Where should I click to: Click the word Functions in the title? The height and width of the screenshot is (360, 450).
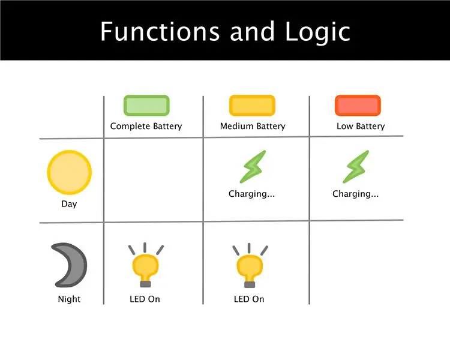pyautogui.click(x=160, y=31)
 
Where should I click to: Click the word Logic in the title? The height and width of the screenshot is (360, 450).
pyautogui.click(x=317, y=33)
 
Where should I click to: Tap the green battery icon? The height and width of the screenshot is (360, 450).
pyautogui.click(x=146, y=106)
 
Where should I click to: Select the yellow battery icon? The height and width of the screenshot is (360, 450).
pyautogui.click(x=252, y=106)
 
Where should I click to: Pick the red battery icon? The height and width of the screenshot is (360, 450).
pyautogui.click(x=358, y=106)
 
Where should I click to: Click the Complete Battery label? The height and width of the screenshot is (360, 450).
pyautogui.click(x=146, y=127)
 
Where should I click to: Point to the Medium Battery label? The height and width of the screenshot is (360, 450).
pyautogui.click(x=253, y=127)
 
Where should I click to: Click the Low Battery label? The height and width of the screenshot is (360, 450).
pyautogui.click(x=361, y=127)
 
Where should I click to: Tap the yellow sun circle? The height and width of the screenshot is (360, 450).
pyautogui.click(x=70, y=172)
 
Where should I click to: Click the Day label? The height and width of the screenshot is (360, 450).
pyautogui.click(x=69, y=204)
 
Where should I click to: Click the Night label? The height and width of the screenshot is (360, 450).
pyautogui.click(x=69, y=299)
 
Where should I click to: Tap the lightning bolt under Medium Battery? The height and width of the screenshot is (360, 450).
pyautogui.click(x=253, y=167)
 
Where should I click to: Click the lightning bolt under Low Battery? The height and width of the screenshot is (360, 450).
pyautogui.click(x=356, y=167)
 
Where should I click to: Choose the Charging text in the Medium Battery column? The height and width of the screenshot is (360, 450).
pyautogui.click(x=251, y=194)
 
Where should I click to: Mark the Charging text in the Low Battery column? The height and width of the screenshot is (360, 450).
pyautogui.click(x=356, y=194)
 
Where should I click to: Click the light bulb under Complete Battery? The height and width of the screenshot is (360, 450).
pyautogui.click(x=146, y=265)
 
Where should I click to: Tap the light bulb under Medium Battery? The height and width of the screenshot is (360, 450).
pyautogui.click(x=250, y=266)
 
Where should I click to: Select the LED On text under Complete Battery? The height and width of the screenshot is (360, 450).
pyautogui.click(x=145, y=299)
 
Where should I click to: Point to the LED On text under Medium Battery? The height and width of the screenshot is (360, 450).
pyautogui.click(x=249, y=299)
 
